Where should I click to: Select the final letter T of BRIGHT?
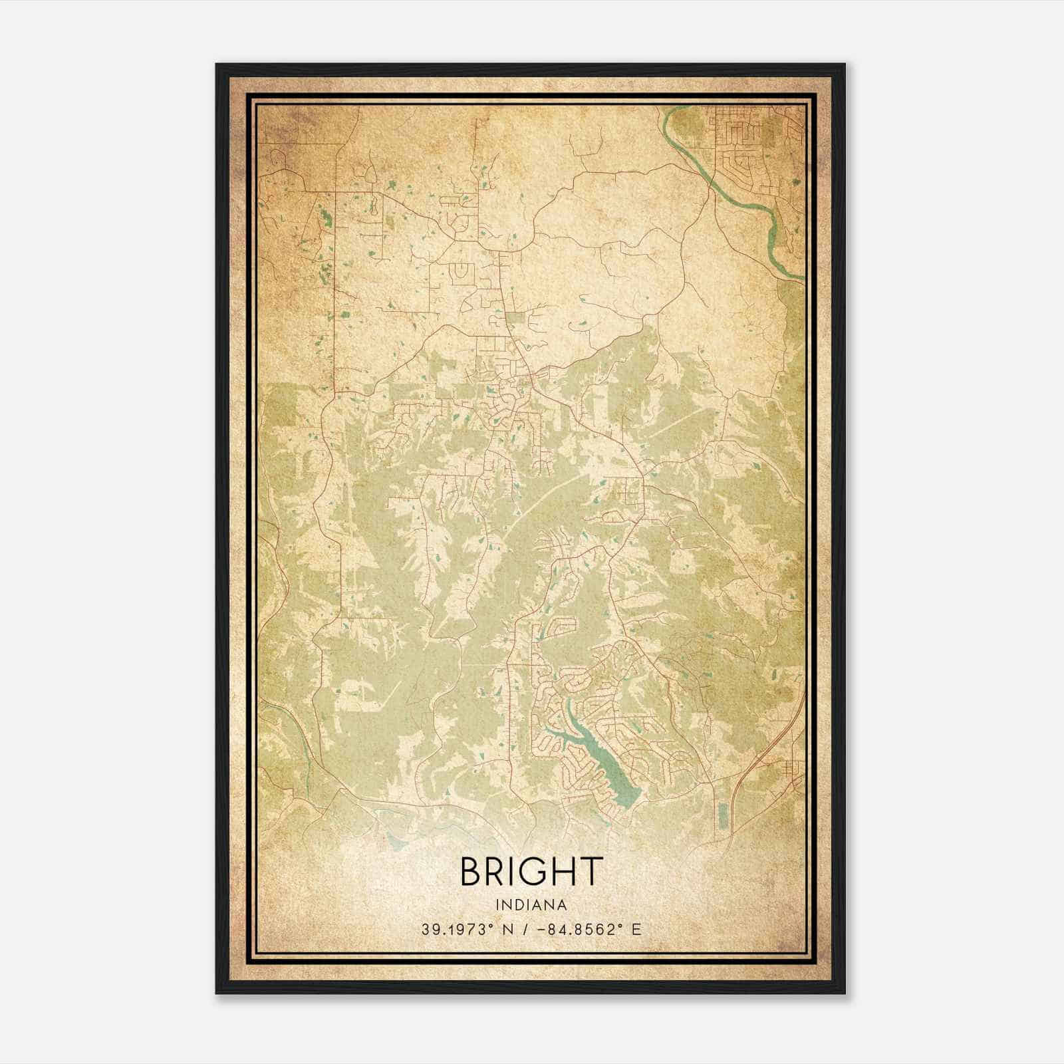tap(591, 872)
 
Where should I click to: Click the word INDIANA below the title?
tap(531, 905)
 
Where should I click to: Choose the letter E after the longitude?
tap(636, 930)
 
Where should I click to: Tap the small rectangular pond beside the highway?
tap(723, 816)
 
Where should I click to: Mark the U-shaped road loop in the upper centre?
tap(458, 273)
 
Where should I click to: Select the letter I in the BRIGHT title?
tap(517, 872)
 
